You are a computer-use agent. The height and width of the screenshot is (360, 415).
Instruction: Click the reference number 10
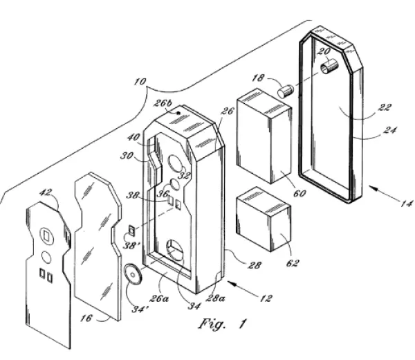click(140, 82)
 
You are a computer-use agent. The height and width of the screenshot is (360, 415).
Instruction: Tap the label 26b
click(163, 102)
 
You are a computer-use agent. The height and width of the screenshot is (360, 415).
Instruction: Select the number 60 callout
click(299, 194)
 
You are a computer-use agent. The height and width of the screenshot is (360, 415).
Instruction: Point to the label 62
click(293, 263)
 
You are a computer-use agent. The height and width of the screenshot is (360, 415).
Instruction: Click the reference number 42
click(46, 192)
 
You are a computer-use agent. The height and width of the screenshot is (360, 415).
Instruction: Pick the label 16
click(86, 318)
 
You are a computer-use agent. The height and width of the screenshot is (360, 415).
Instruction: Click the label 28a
click(215, 298)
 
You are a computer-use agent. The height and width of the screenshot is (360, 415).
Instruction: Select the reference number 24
click(390, 130)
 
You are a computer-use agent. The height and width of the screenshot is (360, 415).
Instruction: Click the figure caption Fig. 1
click(223, 323)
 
